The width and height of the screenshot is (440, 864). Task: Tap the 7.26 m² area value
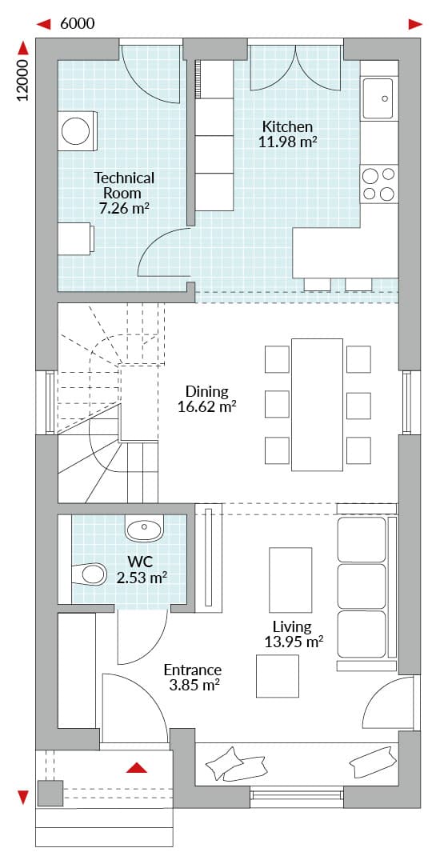click(124, 208)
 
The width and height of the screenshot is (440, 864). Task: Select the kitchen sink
click(378, 98)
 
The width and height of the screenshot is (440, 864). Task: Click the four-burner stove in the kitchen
click(379, 185)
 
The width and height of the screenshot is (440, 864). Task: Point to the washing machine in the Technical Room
click(77, 131)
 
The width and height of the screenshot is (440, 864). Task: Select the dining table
click(317, 405)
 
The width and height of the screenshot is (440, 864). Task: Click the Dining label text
click(206, 392)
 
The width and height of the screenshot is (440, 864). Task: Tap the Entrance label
click(193, 670)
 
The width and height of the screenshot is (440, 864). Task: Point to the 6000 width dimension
click(77, 24)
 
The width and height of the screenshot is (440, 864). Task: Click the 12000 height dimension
click(22, 82)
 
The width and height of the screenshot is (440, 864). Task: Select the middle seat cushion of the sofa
click(362, 586)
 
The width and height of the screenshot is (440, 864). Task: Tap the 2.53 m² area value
click(142, 578)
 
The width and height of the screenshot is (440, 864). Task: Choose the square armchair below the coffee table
click(278, 675)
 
